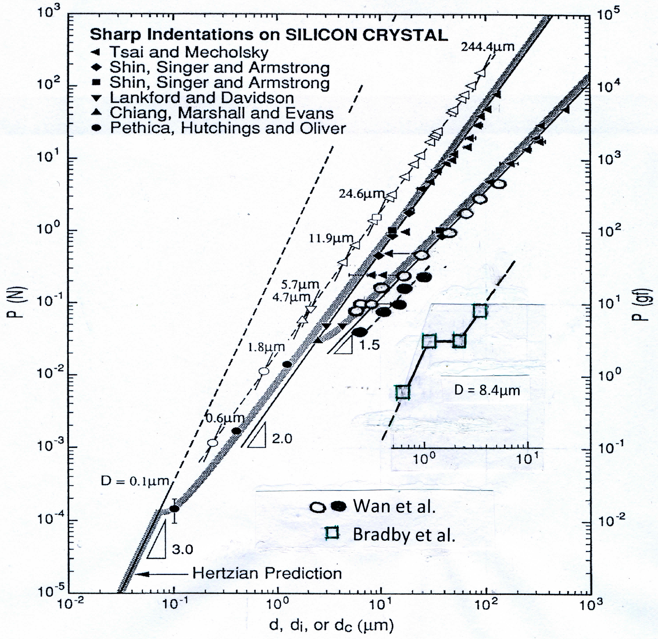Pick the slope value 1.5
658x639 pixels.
coord(369,345)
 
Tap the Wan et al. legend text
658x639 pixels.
coord(394,506)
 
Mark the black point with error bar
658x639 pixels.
coord(174,508)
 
